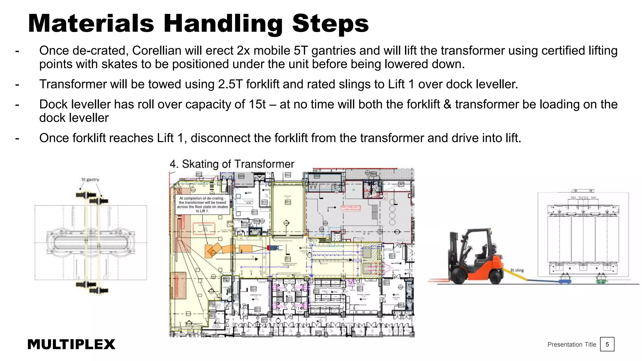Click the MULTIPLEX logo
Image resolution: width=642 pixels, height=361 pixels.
tap(71, 344)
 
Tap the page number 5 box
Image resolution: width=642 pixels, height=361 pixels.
tap(607, 344)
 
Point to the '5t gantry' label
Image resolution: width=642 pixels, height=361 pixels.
tap(90, 180)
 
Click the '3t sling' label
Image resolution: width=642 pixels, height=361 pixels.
tap(517, 270)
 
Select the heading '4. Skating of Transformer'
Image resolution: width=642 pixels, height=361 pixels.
tap(232, 164)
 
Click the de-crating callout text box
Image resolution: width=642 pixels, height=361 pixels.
tap(203, 205)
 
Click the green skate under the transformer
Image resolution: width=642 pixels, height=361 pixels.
tap(601, 281)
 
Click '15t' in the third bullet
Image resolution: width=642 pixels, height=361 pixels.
tap(257, 104)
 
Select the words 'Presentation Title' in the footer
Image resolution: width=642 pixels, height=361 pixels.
tap(571, 344)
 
